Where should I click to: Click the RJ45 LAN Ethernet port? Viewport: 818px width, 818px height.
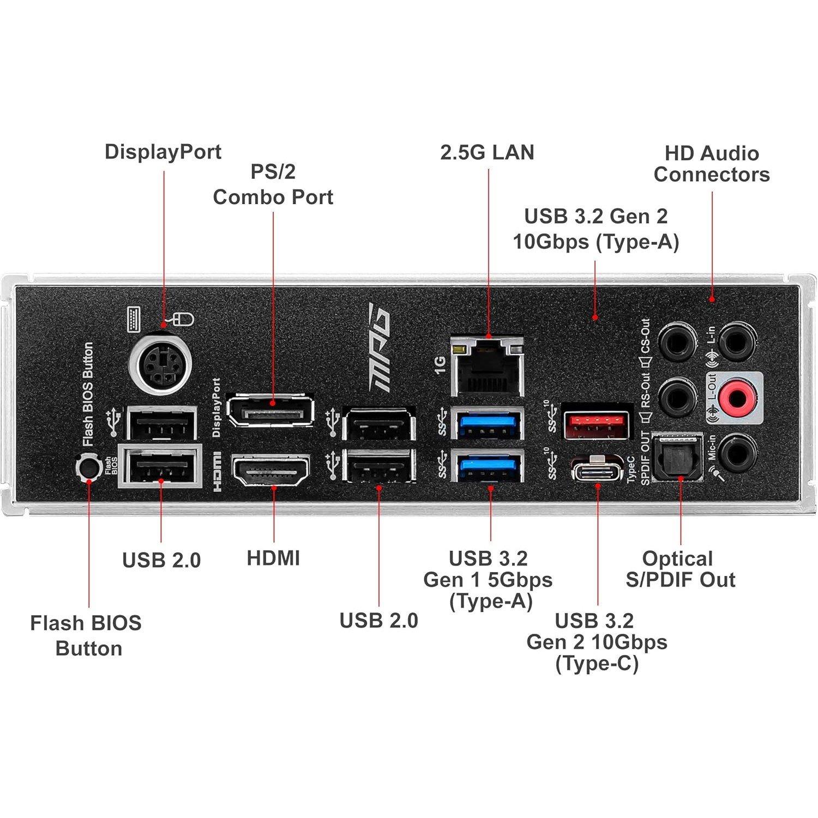click(x=487, y=366)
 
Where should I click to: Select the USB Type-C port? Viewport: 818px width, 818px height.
click(x=597, y=468)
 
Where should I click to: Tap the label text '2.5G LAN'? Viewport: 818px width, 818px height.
click(x=487, y=152)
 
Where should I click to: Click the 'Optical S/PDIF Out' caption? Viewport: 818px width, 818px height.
click(x=680, y=569)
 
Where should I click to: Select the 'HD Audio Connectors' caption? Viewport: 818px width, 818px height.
click(x=712, y=164)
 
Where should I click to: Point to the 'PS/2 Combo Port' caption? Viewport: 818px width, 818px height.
click(x=273, y=184)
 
